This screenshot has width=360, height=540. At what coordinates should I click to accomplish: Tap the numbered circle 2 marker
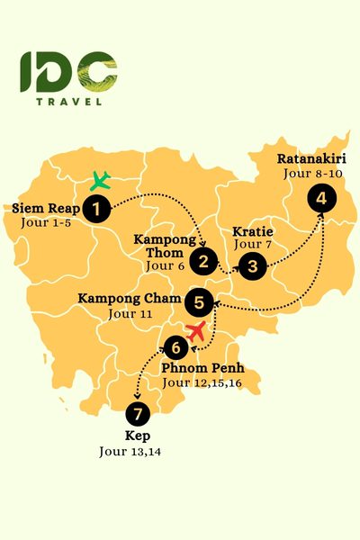205,262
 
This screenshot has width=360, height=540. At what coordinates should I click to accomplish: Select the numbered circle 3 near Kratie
254,265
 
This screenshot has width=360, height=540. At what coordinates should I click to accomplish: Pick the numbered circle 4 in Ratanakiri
319,200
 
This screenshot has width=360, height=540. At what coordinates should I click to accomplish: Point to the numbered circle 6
176,346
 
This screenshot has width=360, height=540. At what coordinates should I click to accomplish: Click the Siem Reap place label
45,210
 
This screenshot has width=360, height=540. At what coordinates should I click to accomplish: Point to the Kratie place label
252,230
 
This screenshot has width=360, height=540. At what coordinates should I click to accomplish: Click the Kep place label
136,436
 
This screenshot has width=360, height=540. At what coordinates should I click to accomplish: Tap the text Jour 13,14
136,452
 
